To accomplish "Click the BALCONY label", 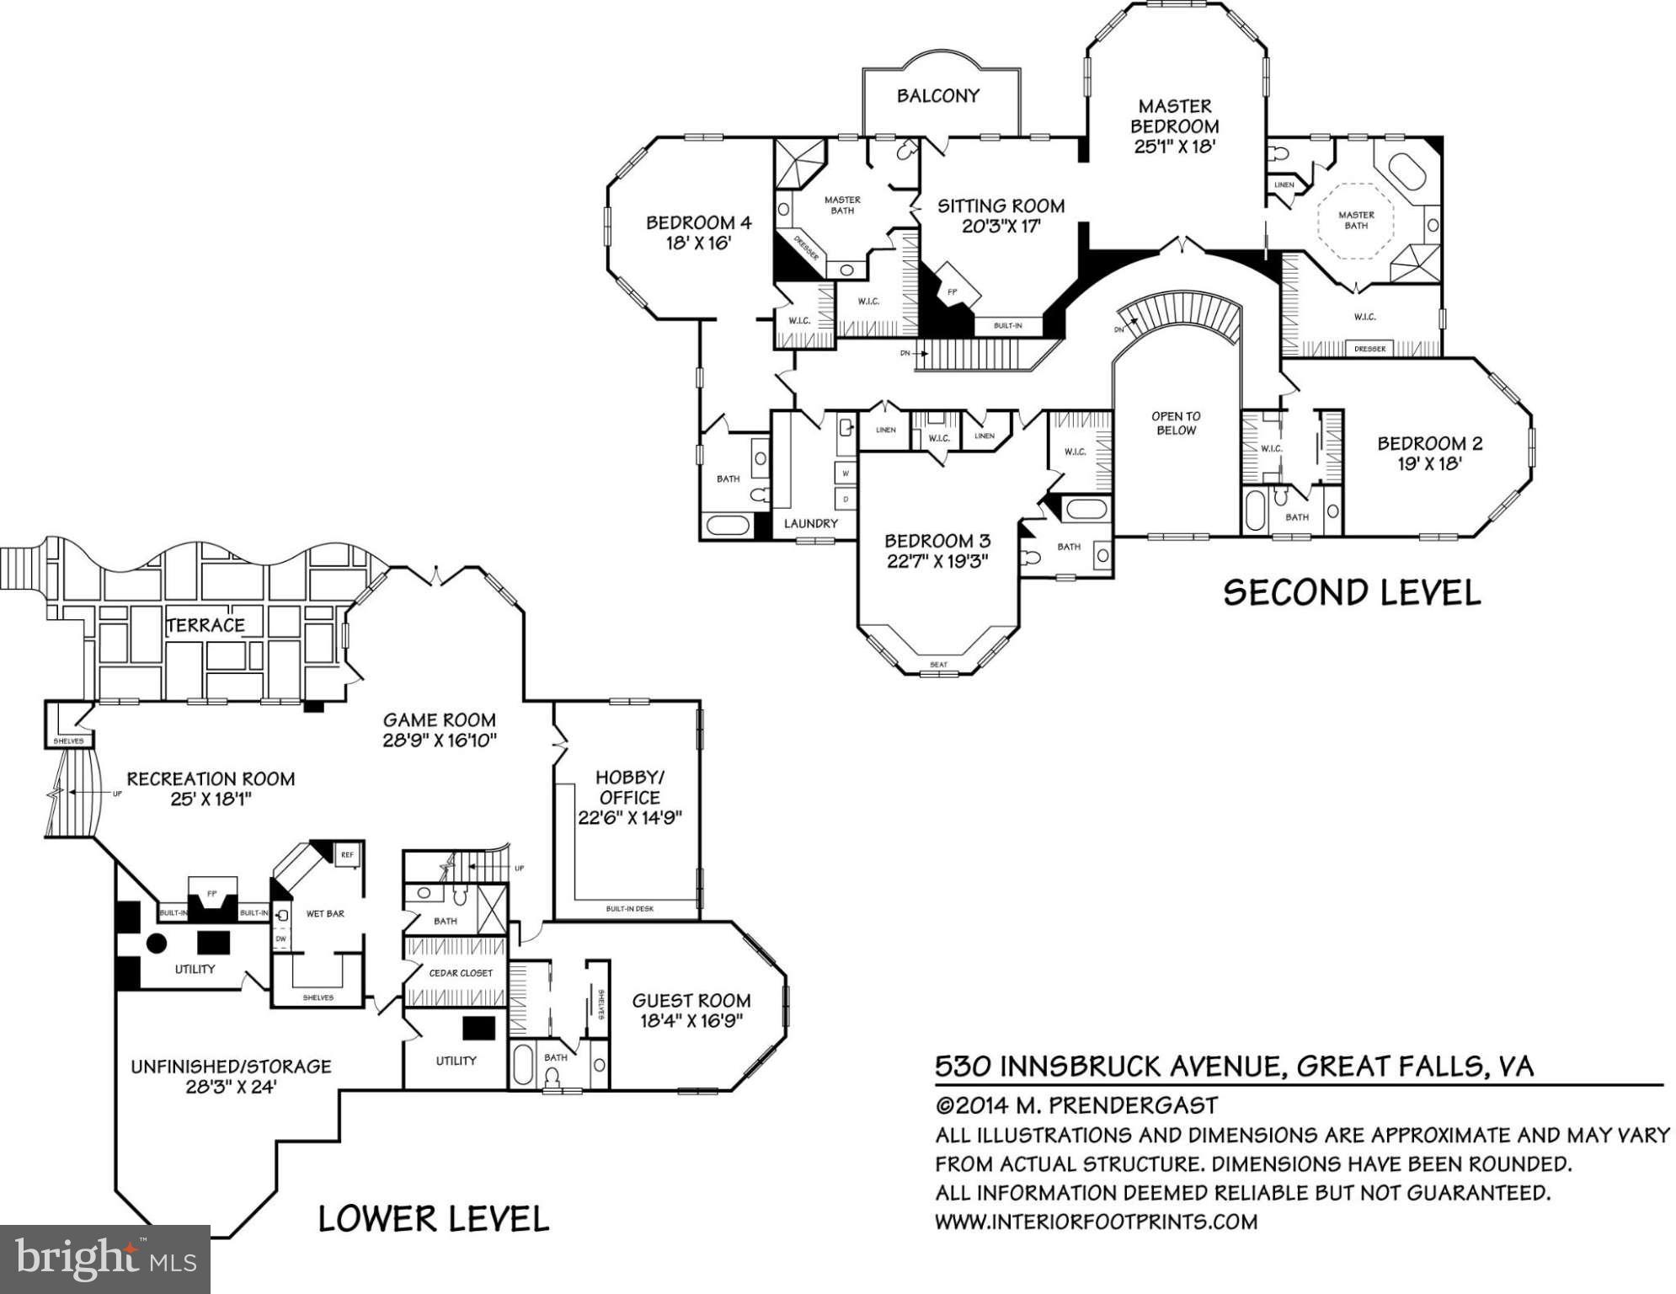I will pyautogui.click(x=937, y=96).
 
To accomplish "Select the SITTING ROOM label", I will pyautogui.click(x=1001, y=206).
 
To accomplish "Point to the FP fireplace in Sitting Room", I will pyautogui.click(x=953, y=291).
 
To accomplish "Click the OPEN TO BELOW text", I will pyautogui.click(x=1176, y=423).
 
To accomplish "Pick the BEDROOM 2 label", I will pyautogui.click(x=1429, y=443).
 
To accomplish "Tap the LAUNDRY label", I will pyautogui.click(x=810, y=523).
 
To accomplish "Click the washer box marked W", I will pyautogui.click(x=846, y=473).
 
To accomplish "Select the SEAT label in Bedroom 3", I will pyautogui.click(x=938, y=665).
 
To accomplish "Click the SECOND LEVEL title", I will pyautogui.click(x=1351, y=593).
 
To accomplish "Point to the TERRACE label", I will pyautogui.click(x=205, y=625).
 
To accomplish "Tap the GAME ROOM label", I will pyautogui.click(x=439, y=720).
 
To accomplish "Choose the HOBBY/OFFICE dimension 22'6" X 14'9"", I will pyautogui.click(x=629, y=817).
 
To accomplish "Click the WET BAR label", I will pyautogui.click(x=325, y=913).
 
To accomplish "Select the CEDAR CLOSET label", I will pyautogui.click(x=461, y=973).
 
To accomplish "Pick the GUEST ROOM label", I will pyautogui.click(x=691, y=1001).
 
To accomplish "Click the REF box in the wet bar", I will pyautogui.click(x=347, y=854).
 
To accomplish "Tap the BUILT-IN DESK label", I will pyautogui.click(x=629, y=909).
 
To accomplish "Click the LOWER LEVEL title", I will pyautogui.click(x=433, y=1219).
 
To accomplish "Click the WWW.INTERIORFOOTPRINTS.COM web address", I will pyautogui.click(x=1096, y=1222).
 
